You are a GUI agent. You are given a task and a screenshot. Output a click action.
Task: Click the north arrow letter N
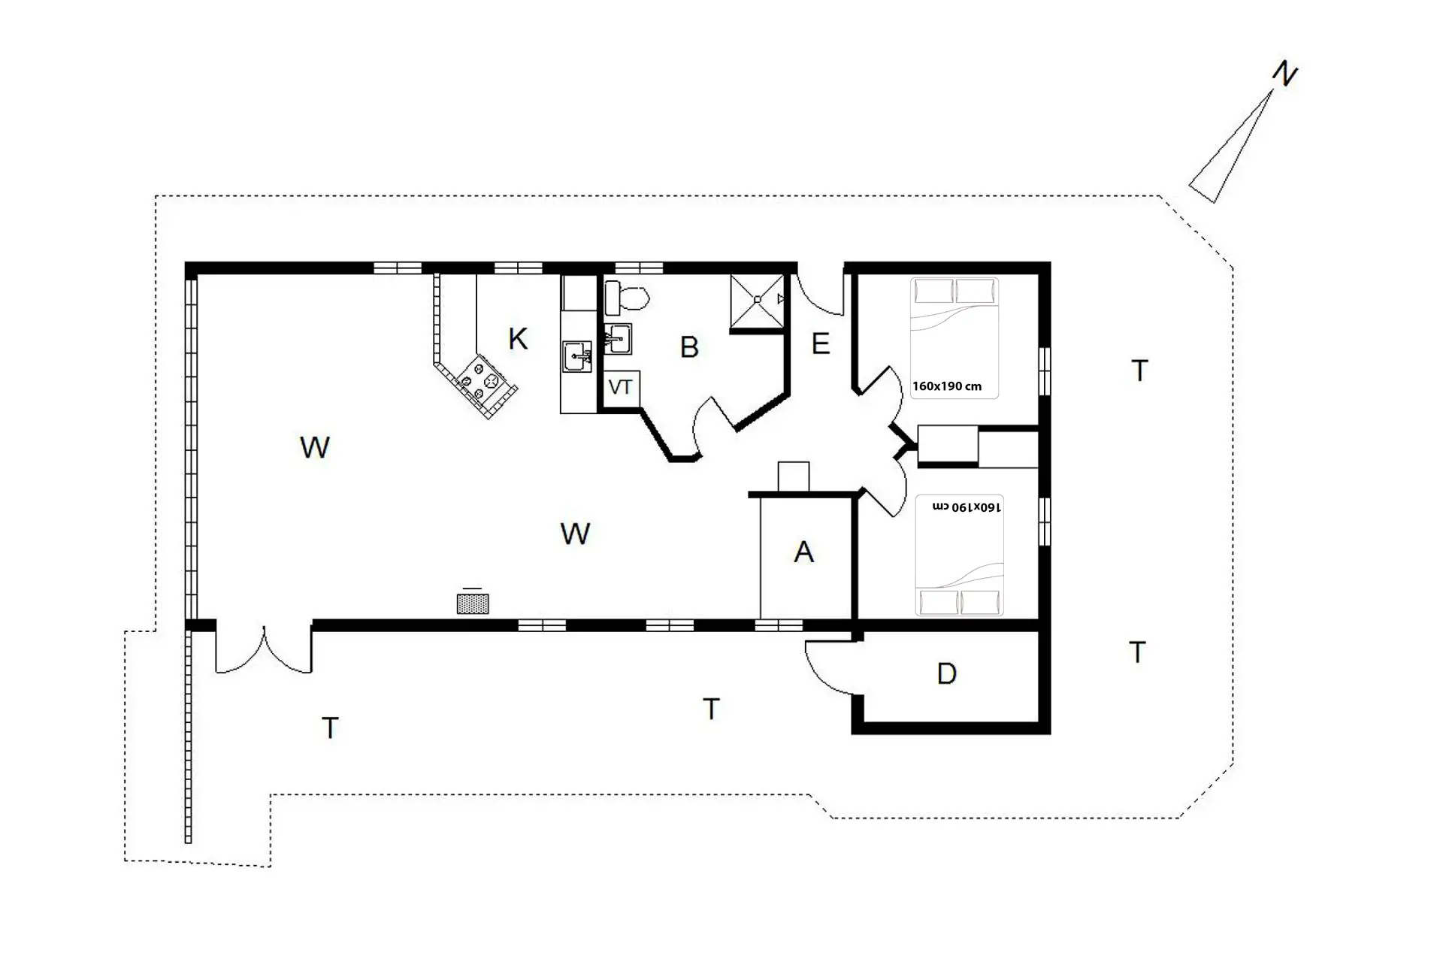pos(1285,74)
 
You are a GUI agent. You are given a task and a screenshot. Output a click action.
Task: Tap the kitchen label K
pos(518,339)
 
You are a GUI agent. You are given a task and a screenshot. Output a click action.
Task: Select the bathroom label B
pos(689,347)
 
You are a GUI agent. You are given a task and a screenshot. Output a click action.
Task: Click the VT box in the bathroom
pos(622,389)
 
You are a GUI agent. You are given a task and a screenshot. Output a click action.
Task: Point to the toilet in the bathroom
pos(626,298)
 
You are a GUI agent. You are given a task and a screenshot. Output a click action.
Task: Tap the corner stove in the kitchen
pos(479,382)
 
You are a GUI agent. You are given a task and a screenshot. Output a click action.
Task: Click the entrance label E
pos(821,344)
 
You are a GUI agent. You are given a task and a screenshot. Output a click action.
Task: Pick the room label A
pos(804,552)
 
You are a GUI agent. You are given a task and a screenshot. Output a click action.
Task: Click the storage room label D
pos(947,674)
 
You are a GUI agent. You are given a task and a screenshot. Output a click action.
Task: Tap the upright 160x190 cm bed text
pos(947,386)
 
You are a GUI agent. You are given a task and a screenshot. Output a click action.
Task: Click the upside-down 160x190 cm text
pos(967,507)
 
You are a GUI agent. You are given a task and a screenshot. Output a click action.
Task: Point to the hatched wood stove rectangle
pos(473,604)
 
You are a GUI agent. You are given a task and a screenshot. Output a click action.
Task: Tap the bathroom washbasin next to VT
pos(618,339)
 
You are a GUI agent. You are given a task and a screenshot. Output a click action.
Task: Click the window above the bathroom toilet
pos(639,267)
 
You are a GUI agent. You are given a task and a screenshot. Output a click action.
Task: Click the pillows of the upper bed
pos(954,292)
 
